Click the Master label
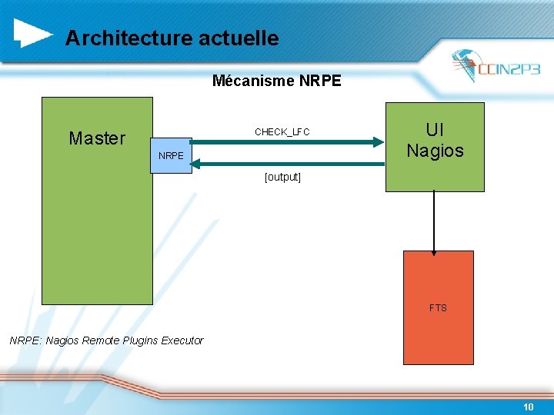[x=97, y=138]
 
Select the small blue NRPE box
[x=172, y=155]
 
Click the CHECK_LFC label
[x=282, y=132]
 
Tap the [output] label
[x=282, y=177]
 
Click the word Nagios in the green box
[x=435, y=151]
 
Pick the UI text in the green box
[x=435, y=130]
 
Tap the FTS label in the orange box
[x=438, y=308]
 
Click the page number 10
[x=528, y=407]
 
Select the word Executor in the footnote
[x=182, y=340]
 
